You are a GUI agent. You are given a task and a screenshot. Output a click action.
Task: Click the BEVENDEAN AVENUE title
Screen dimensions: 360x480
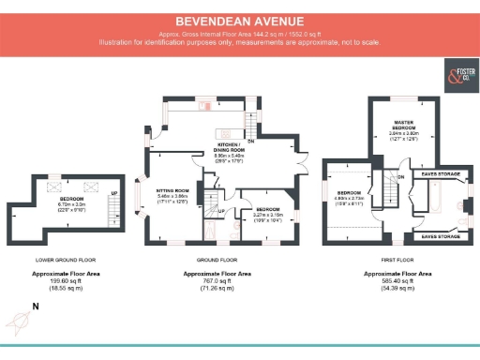(239, 20)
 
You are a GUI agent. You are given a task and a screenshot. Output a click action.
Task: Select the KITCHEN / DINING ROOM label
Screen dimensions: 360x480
(224, 147)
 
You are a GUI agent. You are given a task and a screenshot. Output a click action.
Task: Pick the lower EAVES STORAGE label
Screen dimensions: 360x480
(439, 237)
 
